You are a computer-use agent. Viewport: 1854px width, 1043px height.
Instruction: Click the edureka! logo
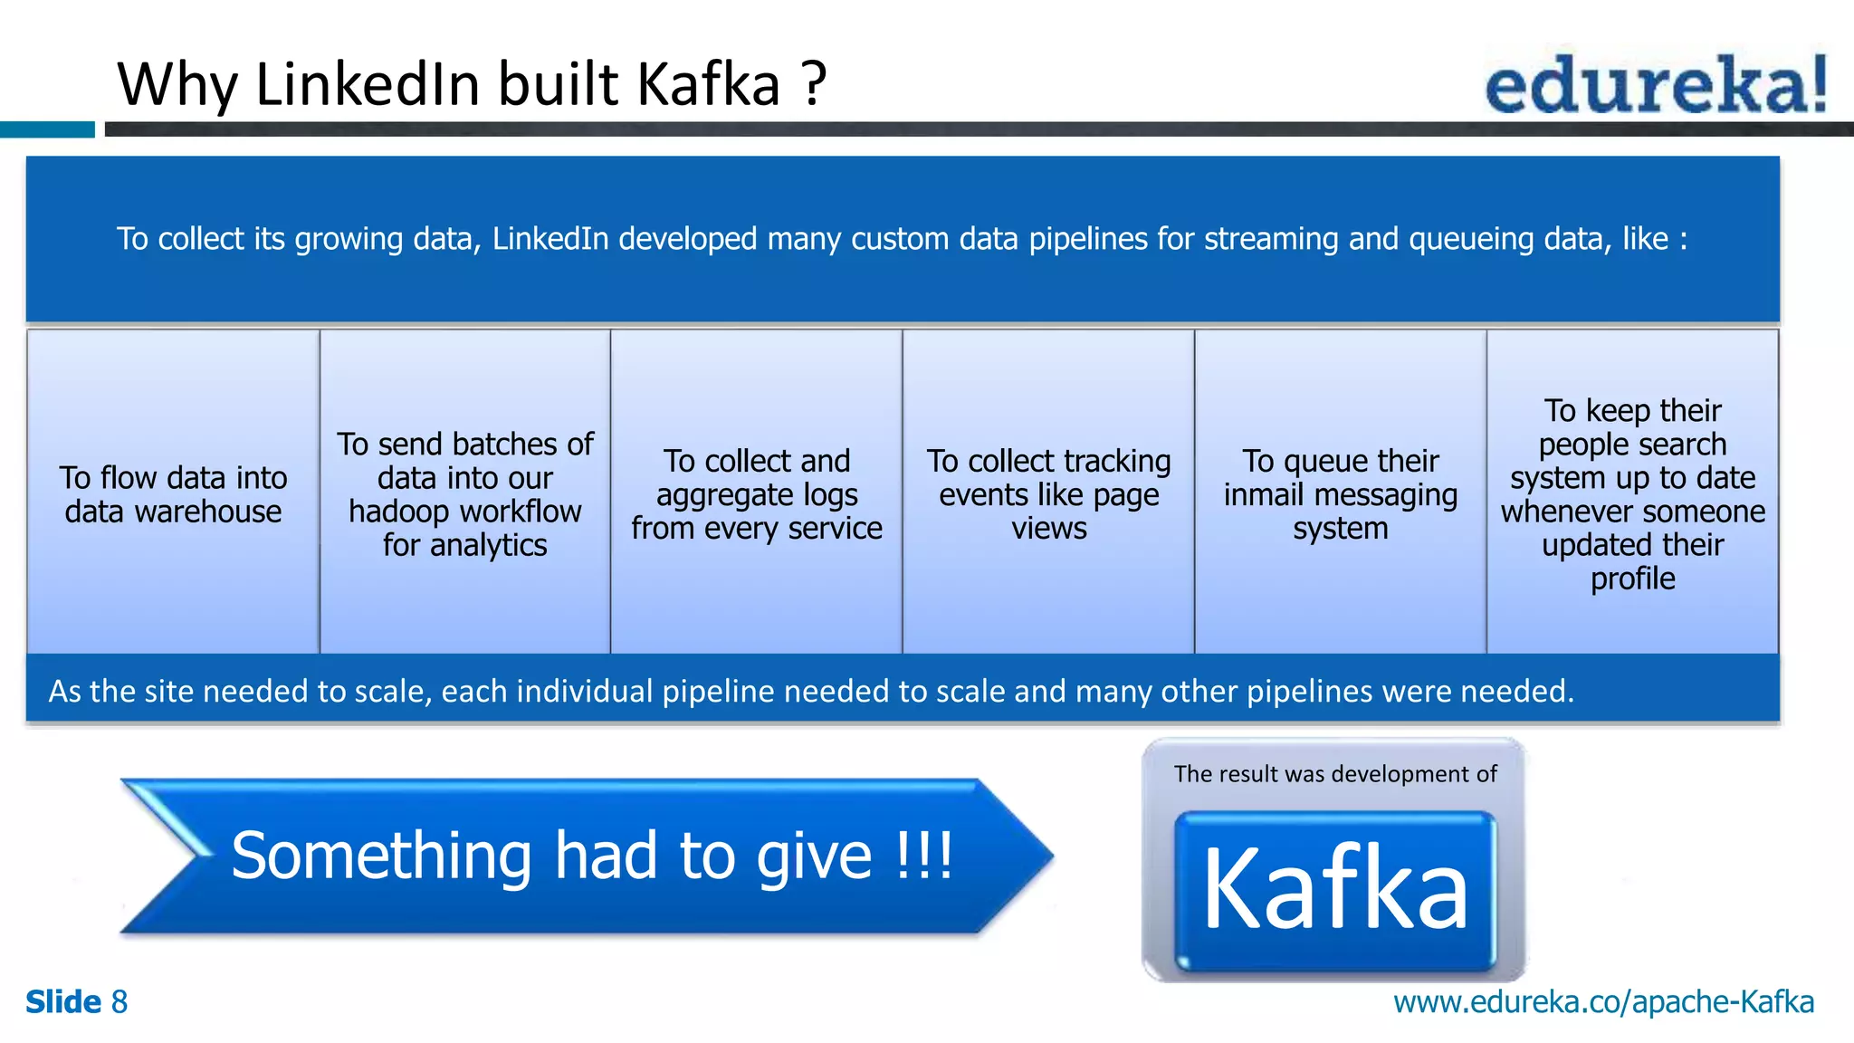click(1656, 84)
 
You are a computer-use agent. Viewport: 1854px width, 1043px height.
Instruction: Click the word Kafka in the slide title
click(708, 84)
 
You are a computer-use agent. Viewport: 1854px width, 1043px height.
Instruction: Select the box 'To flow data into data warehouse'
click(173, 493)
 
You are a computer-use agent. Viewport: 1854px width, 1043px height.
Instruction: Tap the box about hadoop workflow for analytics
click(464, 493)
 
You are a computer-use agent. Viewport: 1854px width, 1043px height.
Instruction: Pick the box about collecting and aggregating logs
click(756, 493)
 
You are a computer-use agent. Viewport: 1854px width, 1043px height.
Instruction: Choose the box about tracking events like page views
click(1048, 493)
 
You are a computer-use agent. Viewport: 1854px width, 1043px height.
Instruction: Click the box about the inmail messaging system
click(1340, 493)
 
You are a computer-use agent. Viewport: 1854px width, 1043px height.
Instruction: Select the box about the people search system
click(1632, 493)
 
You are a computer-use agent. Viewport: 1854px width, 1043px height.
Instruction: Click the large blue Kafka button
click(1334, 889)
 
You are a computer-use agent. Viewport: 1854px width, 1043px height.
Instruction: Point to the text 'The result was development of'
click(1334, 774)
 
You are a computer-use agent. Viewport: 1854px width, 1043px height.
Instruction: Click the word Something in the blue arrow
click(381, 856)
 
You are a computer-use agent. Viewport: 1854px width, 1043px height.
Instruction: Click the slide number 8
click(119, 1002)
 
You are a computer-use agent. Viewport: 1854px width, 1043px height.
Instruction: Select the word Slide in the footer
click(62, 1002)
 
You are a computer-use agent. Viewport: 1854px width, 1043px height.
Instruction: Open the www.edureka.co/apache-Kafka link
click(1603, 1002)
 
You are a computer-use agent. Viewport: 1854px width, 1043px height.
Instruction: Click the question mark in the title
click(814, 84)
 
